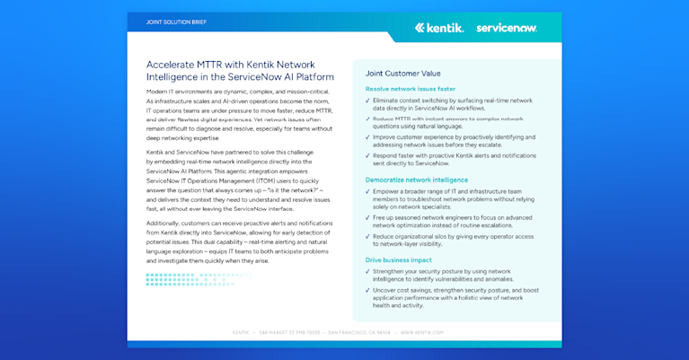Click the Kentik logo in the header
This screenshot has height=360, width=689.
[439, 28]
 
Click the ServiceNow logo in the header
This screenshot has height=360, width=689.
[507, 28]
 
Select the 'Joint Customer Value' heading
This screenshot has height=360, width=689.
[403, 74]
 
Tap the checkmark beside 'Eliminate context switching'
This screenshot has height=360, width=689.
[367, 101]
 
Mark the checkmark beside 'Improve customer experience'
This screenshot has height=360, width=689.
[367, 137]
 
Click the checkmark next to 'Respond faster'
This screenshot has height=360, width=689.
[367, 156]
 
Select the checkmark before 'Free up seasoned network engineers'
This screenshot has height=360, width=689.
[367, 218]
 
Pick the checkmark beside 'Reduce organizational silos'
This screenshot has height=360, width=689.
[367, 236]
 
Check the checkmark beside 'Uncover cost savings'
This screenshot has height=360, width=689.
[367, 290]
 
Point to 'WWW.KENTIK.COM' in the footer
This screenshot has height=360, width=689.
[422, 332]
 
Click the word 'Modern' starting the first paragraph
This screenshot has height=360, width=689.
[158, 92]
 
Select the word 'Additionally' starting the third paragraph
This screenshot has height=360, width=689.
[165, 222]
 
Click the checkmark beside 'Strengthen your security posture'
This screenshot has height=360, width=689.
[367, 271]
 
